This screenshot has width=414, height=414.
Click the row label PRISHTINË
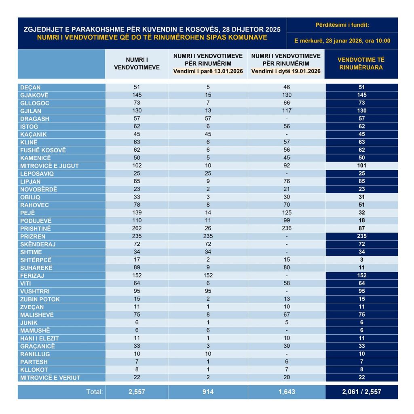[35, 228]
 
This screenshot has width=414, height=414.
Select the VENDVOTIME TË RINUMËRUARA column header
[361, 63]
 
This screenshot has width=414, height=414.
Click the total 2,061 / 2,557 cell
[361, 392]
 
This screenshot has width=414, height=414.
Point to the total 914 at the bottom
[208, 392]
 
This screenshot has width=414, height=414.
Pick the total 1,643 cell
[286, 392]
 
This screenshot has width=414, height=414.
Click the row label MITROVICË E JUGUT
[49, 166]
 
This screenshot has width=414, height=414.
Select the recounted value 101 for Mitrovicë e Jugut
[361, 166]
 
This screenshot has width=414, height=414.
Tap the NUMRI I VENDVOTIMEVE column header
[137, 63]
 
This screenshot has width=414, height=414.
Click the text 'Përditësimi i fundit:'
[342, 25]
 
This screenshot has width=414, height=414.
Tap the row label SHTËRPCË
[36, 260]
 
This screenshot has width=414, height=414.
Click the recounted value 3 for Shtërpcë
[361, 260]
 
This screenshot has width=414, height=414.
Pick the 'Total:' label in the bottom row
[95, 392]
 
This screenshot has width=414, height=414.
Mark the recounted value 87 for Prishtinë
[361, 228]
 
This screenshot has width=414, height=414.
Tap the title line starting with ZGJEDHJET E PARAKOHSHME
[152, 30]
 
